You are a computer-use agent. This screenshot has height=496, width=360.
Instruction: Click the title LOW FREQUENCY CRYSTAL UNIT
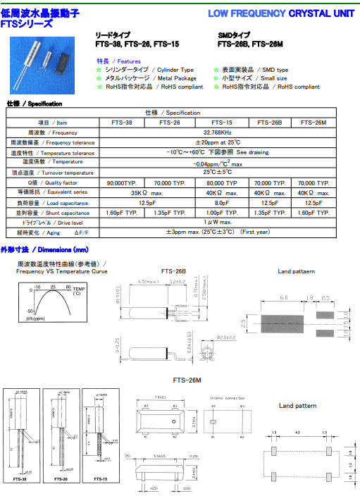click(282, 13)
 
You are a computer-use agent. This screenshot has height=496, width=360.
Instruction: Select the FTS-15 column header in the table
click(221, 122)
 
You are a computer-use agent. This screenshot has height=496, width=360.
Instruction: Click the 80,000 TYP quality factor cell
click(221, 182)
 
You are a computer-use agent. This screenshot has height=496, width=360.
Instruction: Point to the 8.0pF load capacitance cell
click(221, 202)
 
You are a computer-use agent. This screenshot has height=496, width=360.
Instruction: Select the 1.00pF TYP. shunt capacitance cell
click(221, 212)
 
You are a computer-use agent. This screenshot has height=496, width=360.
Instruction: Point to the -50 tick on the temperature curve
click(31, 310)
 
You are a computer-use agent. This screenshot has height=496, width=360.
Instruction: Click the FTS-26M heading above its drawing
click(187, 380)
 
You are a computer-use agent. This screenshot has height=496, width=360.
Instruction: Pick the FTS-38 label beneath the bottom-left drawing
click(20, 478)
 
